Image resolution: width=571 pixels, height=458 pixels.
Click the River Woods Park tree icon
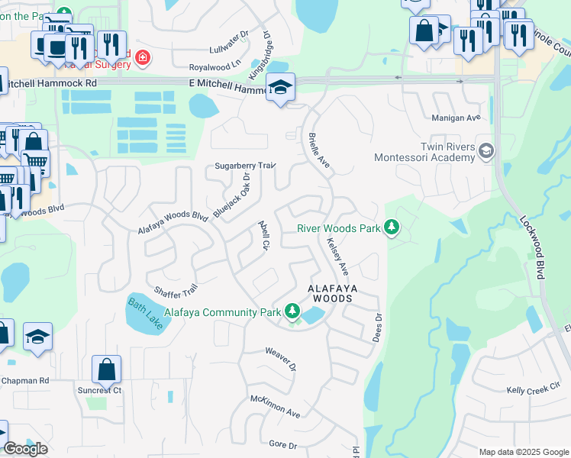(392, 227)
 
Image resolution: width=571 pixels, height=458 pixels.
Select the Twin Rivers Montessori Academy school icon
(485, 151)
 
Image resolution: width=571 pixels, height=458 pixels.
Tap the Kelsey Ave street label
(337, 256)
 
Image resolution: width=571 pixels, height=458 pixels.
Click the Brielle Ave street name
(318, 150)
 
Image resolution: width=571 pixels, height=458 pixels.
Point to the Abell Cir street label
(265, 235)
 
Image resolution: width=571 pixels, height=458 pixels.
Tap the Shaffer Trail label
(176, 291)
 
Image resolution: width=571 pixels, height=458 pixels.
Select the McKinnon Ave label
(276, 405)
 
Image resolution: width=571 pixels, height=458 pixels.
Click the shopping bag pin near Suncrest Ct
(107, 369)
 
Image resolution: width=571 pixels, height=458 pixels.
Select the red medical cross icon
(141, 56)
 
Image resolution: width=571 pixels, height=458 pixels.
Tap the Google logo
(25, 449)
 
